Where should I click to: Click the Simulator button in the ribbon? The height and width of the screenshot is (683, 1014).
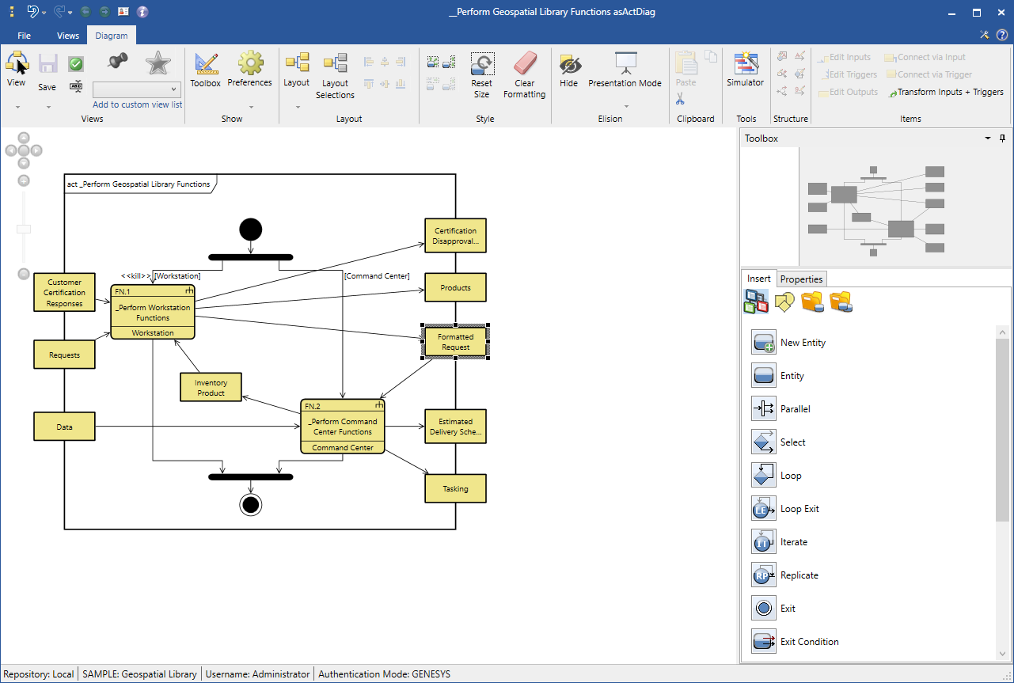click(x=745, y=70)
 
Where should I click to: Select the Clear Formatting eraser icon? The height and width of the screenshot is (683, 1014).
click(x=525, y=63)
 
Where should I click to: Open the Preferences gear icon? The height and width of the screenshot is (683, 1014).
click(x=250, y=63)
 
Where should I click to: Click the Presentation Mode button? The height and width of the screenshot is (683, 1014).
click(x=625, y=70)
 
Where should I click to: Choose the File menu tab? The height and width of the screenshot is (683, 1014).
click(x=24, y=36)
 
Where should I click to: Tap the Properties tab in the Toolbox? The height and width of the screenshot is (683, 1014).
click(x=801, y=279)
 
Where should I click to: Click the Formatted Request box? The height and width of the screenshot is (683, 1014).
click(x=455, y=342)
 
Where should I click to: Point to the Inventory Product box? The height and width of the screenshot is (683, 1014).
click(x=211, y=388)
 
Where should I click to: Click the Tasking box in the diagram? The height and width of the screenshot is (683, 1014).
click(x=455, y=488)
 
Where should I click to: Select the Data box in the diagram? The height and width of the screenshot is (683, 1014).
click(x=64, y=427)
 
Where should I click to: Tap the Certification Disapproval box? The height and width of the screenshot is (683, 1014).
click(x=455, y=236)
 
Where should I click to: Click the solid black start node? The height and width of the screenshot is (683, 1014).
click(x=250, y=230)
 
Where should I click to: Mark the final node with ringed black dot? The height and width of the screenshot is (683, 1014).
click(x=250, y=505)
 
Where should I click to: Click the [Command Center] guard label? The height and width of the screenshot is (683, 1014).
click(x=377, y=275)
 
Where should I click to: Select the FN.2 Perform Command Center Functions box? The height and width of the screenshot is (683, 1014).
click(x=343, y=427)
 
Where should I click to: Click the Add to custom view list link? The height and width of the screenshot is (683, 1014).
click(x=137, y=104)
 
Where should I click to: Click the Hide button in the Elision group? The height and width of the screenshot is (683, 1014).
click(x=568, y=70)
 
